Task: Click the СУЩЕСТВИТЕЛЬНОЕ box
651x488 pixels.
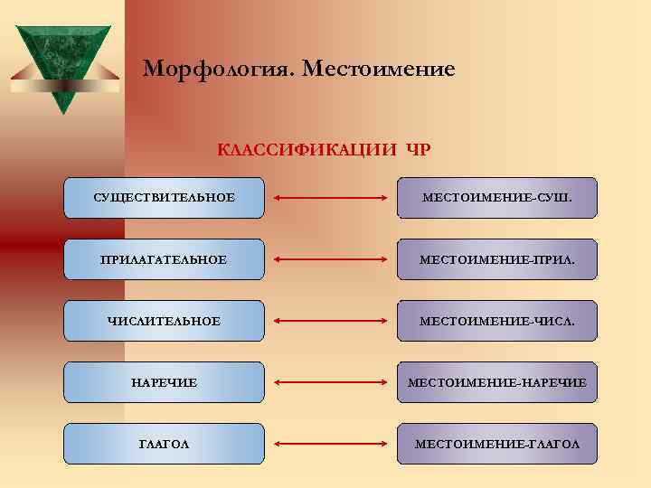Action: [164, 198]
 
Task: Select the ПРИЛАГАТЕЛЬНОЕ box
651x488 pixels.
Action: [164, 259]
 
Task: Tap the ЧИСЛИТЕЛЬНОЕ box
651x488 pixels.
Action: [164, 321]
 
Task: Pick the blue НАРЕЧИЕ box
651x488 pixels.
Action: [164, 382]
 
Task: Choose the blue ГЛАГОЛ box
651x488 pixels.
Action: [164, 444]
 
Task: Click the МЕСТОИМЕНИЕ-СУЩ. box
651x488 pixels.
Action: [497, 198]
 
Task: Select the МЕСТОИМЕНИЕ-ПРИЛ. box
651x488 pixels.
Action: [497, 259]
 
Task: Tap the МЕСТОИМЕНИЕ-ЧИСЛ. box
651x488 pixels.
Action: [497, 321]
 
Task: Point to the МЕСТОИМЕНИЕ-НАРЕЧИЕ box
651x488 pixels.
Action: [497, 382]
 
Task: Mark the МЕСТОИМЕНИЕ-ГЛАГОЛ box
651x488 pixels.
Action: [497, 444]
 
